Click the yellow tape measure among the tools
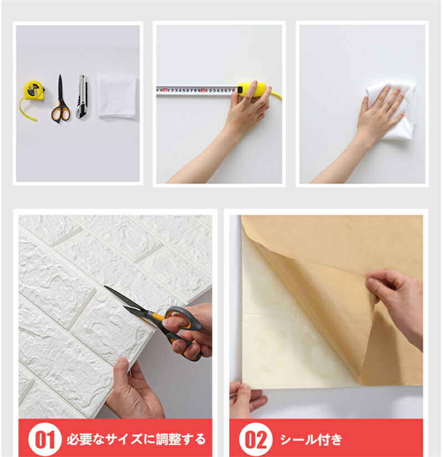[33, 91]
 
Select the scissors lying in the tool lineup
[60, 99]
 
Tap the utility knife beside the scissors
[82, 96]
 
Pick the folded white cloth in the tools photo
[117, 96]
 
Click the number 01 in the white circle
[45, 439]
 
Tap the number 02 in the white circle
[256, 439]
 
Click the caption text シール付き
[311, 439]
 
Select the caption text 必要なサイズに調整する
[136, 439]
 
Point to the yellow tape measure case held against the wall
[252, 89]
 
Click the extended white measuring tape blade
[197, 90]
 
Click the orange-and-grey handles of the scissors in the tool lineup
[61, 111]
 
